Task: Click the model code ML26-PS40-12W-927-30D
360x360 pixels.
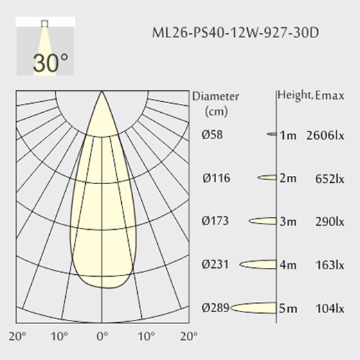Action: click(235, 33)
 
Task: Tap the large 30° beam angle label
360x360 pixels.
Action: click(51, 63)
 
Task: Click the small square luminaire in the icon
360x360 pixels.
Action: click(44, 24)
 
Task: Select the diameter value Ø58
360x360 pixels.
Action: click(213, 134)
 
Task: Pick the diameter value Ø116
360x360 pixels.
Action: click(216, 178)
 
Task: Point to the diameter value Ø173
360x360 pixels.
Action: click(215, 221)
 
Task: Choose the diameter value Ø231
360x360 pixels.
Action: click(215, 264)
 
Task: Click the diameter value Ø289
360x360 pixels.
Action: click(215, 308)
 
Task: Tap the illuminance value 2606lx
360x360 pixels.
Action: click(325, 136)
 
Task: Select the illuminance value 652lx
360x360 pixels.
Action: click(330, 179)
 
